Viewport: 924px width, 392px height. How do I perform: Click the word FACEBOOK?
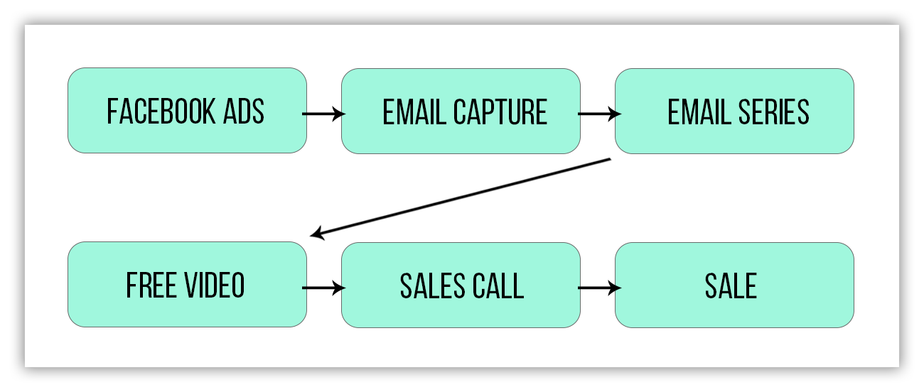161,111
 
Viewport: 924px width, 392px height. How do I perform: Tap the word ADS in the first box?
243,111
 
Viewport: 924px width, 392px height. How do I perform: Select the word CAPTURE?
500,112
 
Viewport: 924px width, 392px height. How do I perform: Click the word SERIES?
773,112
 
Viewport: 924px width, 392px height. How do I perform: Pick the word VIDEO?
214,285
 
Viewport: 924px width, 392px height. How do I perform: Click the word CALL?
498,286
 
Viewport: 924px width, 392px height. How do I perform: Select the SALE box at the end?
734,285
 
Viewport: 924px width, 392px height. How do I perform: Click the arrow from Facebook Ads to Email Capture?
324,114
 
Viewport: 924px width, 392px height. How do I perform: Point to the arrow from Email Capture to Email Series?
599,114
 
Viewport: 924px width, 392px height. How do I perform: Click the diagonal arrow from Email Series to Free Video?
460,197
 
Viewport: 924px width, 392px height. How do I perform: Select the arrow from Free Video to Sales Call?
324,288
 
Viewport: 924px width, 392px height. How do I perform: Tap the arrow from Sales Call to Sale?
599,288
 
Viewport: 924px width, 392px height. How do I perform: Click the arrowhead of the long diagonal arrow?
317,234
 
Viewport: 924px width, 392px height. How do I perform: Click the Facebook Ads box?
187,111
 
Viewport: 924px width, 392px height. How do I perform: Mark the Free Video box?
187,285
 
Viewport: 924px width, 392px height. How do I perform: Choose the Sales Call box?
461,285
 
